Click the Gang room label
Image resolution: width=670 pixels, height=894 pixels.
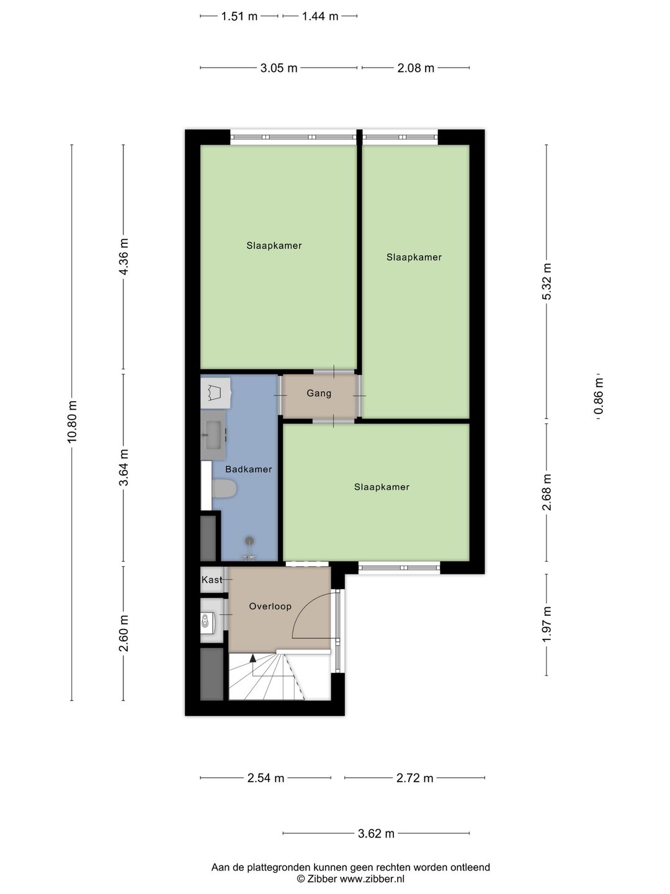pyautogui.click(x=319, y=394)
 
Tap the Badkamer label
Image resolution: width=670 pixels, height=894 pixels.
pyautogui.click(x=249, y=469)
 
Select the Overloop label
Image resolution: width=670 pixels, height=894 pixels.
pyautogui.click(x=270, y=606)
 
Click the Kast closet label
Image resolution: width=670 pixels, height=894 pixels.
pyautogui.click(x=212, y=580)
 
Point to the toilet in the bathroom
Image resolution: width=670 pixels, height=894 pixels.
pyautogui.click(x=224, y=489)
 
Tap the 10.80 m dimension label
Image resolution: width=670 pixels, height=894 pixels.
pyautogui.click(x=73, y=422)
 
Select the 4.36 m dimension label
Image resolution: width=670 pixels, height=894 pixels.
pyautogui.click(x=123, y=256)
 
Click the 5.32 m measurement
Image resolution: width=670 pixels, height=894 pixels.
pyautogui.click(x=547, y=281)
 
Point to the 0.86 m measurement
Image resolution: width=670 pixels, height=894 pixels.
pyautogui.click(x=599, y=396)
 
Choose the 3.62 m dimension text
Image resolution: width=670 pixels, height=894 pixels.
pyautogui.click(x=376, y=834)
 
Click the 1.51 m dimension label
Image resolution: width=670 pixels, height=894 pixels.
pyautogui.click(x=239, y=16)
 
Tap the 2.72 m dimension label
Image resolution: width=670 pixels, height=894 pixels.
pyautogui.click(x=414, y=778)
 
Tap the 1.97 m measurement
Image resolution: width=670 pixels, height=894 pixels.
pyautogui.click(x=547, y=625)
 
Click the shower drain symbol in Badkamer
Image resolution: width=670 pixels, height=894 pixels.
pyautogui.click(x=249, y=541)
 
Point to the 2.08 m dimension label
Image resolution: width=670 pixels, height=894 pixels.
pyautogui.click(x=416, y=68)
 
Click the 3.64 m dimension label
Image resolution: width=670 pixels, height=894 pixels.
pyautogui.click(x=123, y=467)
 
